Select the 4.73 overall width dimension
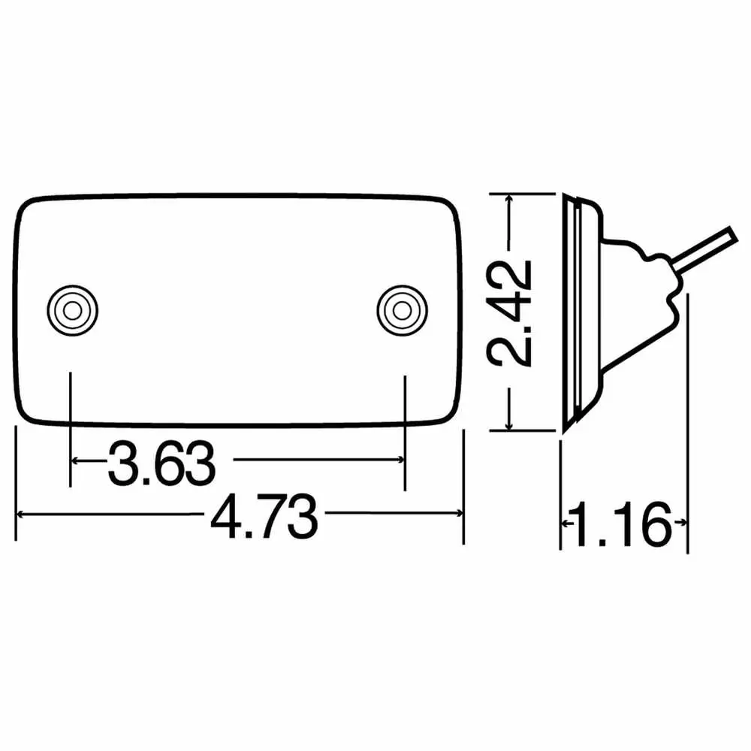coord(262,515)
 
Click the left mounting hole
coord(71,309)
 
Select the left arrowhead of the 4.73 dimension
coord(23,514)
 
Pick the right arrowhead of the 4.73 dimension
coord(456,514)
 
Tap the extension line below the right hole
coord(405,428)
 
